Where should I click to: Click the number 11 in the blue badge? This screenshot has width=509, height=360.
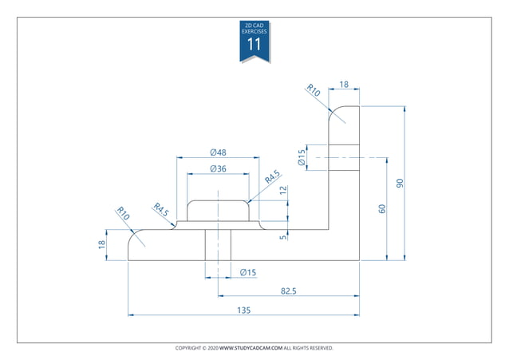(254, 45)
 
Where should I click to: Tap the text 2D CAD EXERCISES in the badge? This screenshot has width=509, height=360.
(254, 29)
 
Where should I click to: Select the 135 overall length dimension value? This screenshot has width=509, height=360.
(243, 310)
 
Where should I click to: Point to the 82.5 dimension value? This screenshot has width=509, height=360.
(288, 291)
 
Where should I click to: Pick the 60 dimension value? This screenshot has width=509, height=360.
(382, 209)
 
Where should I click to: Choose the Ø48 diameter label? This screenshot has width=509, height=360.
(218, 152)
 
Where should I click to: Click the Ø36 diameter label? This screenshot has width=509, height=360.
(218, 168)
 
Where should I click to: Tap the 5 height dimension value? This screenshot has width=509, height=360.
(283, 235)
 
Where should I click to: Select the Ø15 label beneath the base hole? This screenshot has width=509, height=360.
(248, 273)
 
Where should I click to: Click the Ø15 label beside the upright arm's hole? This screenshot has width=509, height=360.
(302, 157)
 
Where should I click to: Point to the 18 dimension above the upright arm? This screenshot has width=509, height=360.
(344, 84)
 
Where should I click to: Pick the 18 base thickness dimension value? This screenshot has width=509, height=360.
(102, 244)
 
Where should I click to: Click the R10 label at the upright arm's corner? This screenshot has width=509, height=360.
(314, 92)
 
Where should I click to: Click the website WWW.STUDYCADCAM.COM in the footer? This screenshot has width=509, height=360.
(251, 348)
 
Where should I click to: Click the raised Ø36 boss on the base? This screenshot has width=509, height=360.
(218, 211)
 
